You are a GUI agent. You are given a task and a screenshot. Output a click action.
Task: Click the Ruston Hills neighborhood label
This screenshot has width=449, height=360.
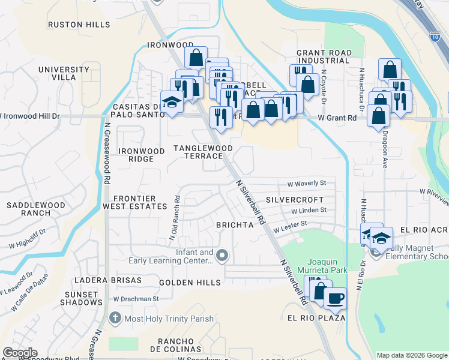(79, 25)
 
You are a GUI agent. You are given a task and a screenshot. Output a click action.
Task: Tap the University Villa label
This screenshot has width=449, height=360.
(64, 73)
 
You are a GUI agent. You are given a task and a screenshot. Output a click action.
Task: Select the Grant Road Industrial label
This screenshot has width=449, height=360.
(323, 56)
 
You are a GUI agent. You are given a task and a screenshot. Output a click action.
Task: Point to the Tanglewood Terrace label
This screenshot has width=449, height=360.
(203, 151)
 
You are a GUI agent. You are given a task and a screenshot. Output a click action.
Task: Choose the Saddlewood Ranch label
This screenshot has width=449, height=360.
(35, 209)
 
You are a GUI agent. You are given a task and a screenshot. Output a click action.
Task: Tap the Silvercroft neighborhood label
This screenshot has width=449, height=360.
(294, 199)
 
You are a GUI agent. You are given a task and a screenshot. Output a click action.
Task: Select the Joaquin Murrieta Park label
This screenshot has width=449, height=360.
(327, 266)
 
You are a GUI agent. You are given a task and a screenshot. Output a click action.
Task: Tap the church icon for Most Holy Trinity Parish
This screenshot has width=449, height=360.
(115, 318)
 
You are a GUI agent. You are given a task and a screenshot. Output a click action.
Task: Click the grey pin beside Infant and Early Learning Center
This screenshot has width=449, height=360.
(222, 256)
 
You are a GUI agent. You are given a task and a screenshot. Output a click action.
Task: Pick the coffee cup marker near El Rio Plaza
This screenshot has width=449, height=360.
(336, 297)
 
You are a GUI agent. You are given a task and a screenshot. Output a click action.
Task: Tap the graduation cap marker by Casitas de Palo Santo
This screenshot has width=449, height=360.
(172, 101)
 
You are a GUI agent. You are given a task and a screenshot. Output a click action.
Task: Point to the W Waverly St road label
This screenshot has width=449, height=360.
(306, 183)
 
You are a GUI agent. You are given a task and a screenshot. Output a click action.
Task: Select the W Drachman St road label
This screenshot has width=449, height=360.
(135, 298)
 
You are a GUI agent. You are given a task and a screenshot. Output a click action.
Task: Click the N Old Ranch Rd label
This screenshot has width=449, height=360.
(174, 217)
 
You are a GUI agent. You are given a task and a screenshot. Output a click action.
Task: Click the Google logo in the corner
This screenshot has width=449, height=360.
(20, 352)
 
